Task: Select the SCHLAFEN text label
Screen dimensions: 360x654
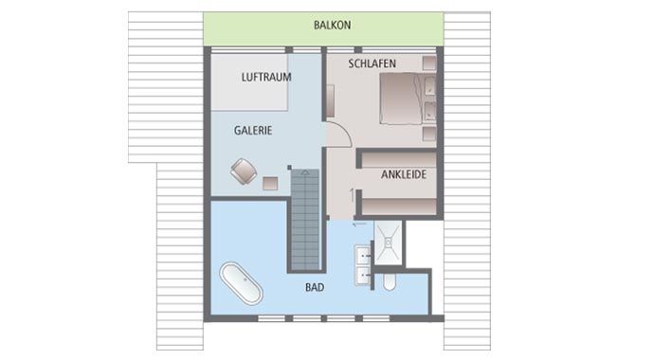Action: (372, 63)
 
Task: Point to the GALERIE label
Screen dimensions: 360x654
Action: (253, 132)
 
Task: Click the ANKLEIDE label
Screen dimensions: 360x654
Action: (403, 175)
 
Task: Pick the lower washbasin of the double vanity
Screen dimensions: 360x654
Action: (364, 276)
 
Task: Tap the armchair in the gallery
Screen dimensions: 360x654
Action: (244, 171)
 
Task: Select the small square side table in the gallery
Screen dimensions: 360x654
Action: (271, 182)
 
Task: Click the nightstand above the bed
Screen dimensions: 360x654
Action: (429, 66)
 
